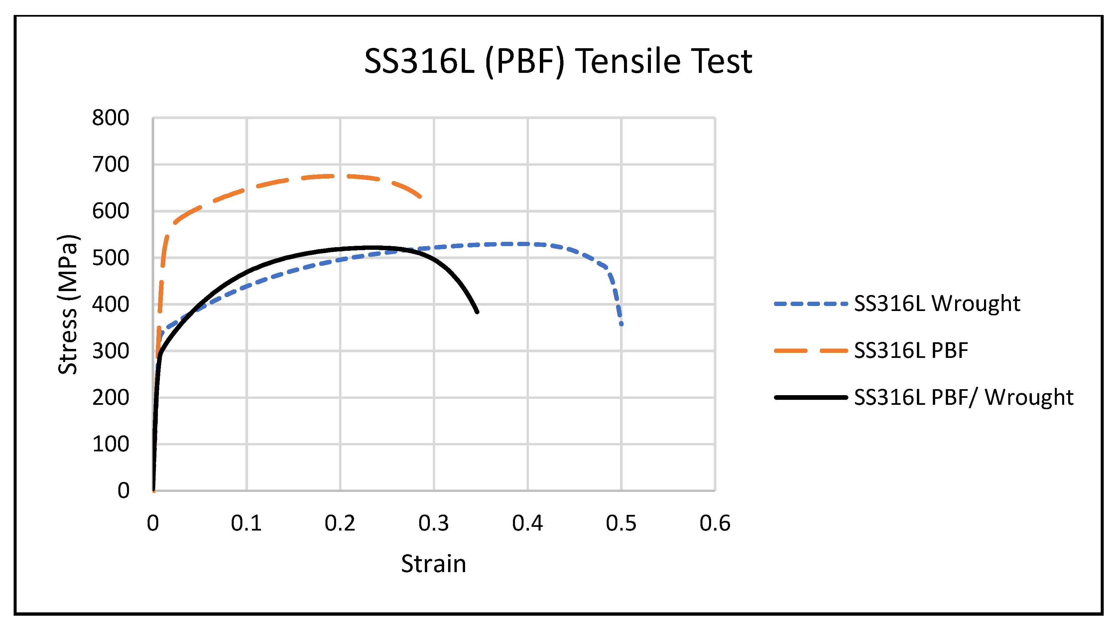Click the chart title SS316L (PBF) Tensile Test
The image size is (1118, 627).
(x=558, y=61)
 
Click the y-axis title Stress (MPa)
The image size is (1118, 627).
(x=68, y=304)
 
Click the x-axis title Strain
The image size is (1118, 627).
(x=433, y=563)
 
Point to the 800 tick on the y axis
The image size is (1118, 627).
(x=110, y=118)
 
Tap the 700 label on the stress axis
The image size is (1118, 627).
(x=110, y=165)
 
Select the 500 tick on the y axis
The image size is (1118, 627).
(x=110, y=258)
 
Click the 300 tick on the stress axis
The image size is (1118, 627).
(x=110, y=351)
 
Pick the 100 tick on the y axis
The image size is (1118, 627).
(x=110, y=444)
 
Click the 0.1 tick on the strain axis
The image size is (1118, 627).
(x=246, y=523)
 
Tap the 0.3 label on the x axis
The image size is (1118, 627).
(x=434, y=523)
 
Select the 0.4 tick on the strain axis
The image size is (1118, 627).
(x=527, y=523)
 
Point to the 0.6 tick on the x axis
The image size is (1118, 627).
(x=715, y=523)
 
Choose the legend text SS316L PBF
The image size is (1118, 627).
(x=911, y=350)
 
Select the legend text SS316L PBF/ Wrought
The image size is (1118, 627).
(x=963, y=397)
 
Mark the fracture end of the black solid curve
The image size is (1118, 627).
(x=477, y=312)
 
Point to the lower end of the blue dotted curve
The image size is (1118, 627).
(x=621, y=324)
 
